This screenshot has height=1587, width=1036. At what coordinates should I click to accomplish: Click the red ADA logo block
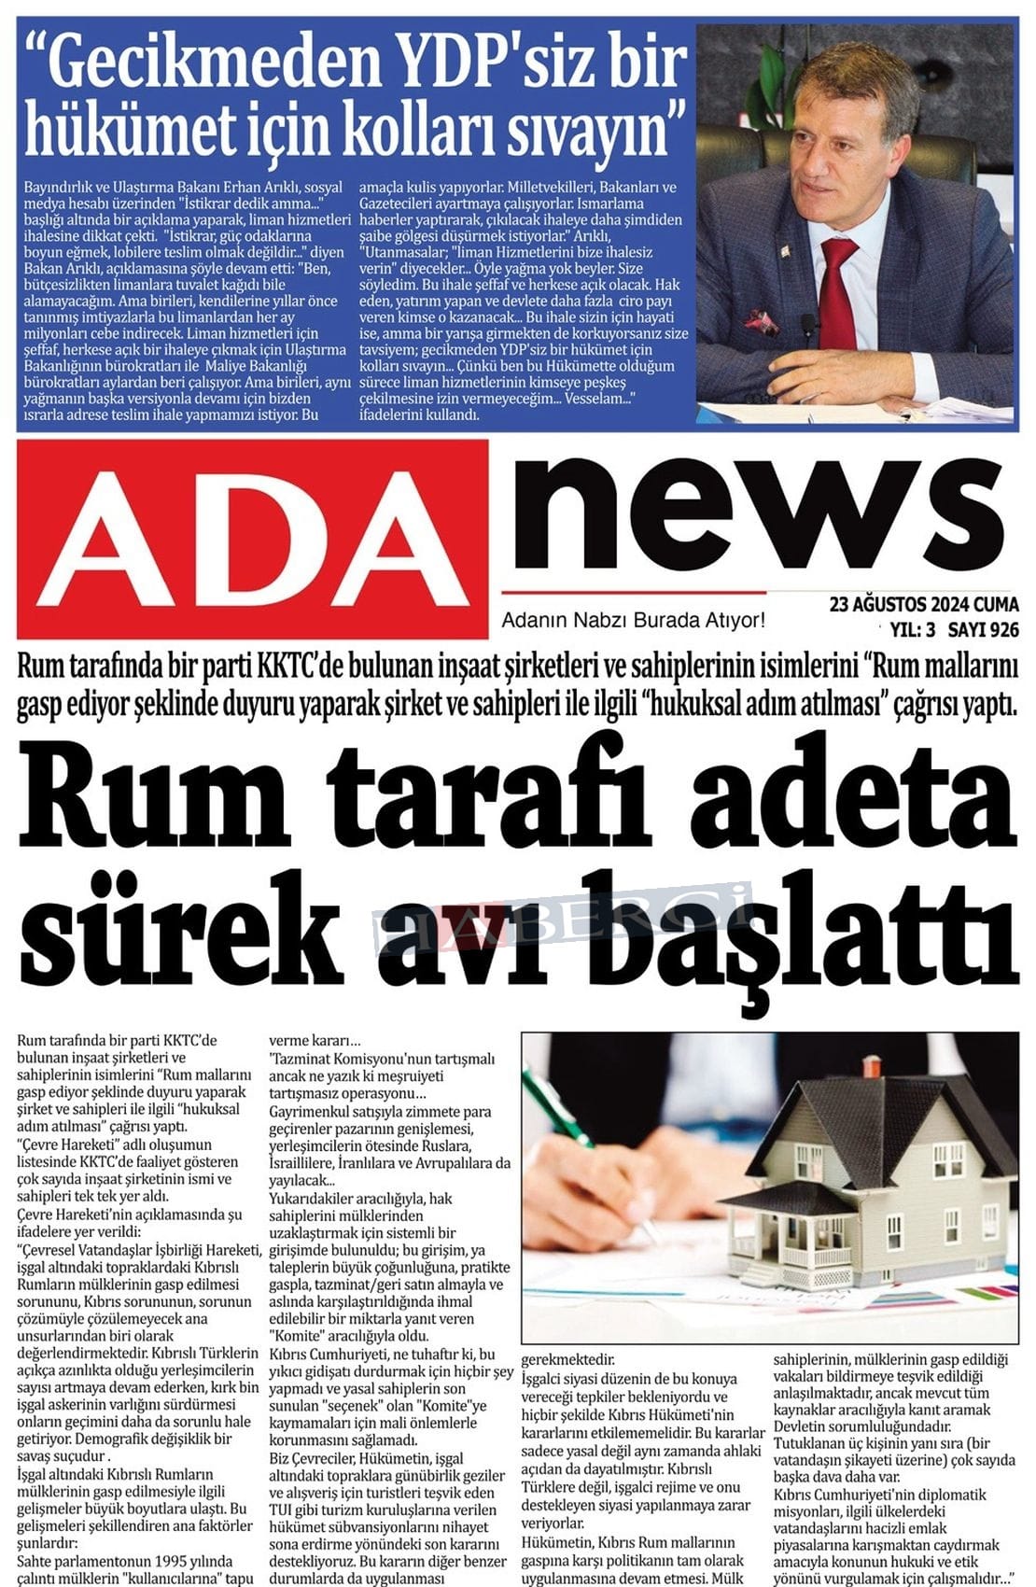click(252, 539)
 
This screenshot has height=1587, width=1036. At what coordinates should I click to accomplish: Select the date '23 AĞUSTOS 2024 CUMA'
click(923, 605)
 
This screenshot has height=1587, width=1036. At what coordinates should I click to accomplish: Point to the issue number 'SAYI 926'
click(983, 630)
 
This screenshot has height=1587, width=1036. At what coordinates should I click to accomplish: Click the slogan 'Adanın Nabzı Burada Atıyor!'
click(633, 620)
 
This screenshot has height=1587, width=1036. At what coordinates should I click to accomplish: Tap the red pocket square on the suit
click(762, 322)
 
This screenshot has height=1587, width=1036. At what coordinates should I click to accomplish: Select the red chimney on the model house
click(871, 1067)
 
